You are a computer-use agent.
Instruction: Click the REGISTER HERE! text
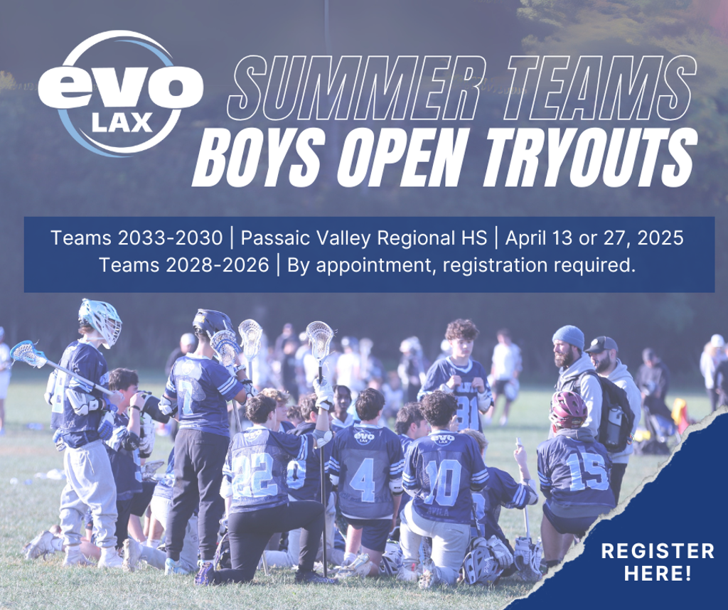click(x=658, y=562)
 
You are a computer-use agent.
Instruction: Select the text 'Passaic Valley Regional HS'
click(x=364, y=237)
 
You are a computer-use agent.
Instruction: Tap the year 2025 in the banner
click(x=660, y=237)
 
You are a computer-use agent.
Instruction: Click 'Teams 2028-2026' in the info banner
click(x=184, y=265)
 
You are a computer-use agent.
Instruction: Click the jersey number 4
click(x=363, y=480)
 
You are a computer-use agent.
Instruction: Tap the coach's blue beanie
click(x=569, y=336)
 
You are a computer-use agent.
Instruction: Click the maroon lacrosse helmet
click(x=569, y=409)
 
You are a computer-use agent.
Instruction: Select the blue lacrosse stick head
click(x=27, y=354)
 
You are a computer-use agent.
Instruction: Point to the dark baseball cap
click(x=601, y=345)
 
